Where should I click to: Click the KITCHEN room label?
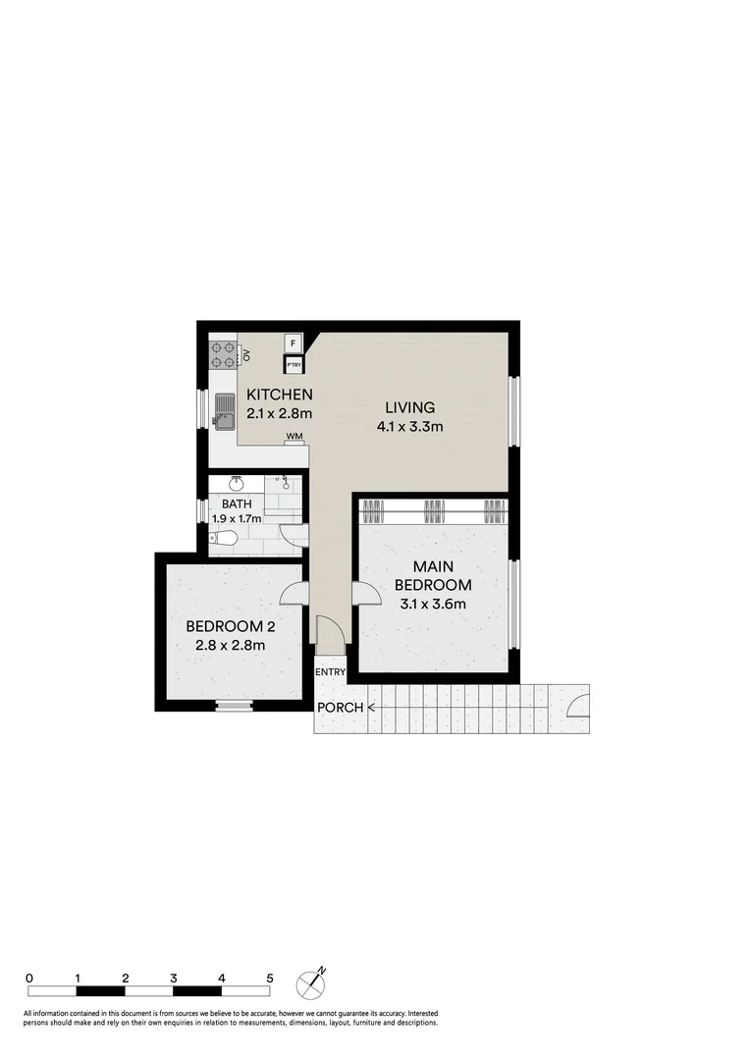(279, 395)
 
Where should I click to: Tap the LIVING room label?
(409, 407)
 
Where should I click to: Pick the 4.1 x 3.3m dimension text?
(409, 426)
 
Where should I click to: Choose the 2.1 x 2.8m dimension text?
(279, 413)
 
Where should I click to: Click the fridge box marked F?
(293, 344)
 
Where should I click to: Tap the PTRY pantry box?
(294, 365)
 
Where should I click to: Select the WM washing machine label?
(294, 435)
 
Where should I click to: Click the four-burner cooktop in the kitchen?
(223, 353)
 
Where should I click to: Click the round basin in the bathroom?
(236, 484)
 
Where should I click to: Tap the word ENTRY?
(329, 671)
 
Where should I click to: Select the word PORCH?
(340, 708)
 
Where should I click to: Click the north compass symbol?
(312, 981)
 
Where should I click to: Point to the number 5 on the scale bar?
(270, 978)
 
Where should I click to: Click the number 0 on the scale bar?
(30, 978)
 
